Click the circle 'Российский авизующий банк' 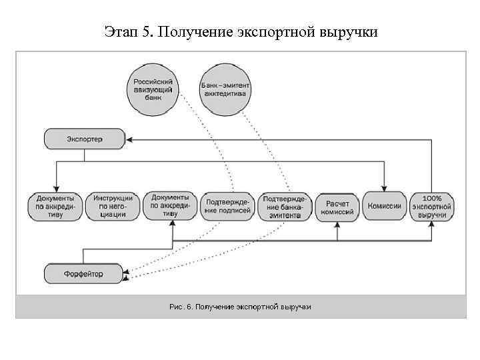(153, 88)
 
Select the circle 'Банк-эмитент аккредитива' (223, 89)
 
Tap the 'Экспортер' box (85, 139)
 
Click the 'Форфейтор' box (85, 274)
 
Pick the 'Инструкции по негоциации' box (113, 206)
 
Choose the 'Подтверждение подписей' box (228, 206)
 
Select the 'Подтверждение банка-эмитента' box (285, 206)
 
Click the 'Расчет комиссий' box (337, 206)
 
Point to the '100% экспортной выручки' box (432, 206)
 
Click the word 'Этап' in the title (122, 31)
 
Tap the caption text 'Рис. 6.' (181, 307)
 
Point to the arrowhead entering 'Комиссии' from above (385, 188)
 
